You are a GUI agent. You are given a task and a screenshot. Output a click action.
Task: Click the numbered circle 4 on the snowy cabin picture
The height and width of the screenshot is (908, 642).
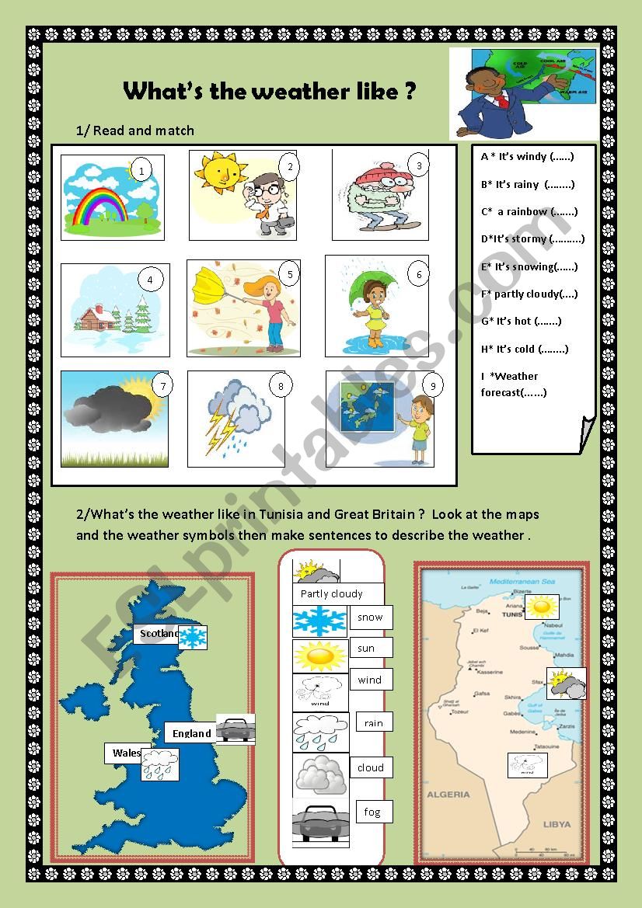tap(150, 280)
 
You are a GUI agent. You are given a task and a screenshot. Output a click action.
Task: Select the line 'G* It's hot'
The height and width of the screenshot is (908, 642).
tap(517, 321)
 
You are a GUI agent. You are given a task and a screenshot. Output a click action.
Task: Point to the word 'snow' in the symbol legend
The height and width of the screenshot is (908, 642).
tap(370, 618)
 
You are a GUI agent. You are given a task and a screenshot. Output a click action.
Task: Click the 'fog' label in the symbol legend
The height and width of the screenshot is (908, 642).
tap(372, 812)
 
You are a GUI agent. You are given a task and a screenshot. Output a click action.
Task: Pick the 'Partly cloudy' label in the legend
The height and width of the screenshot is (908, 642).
tap(332, 594)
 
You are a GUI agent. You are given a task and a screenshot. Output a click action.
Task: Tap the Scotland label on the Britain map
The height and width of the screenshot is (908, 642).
tap(159, 634)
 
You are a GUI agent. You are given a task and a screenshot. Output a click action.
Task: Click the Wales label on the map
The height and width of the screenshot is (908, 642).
tap(126, 753)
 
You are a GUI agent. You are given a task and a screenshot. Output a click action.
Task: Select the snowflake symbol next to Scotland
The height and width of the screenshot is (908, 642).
tap(193, 637)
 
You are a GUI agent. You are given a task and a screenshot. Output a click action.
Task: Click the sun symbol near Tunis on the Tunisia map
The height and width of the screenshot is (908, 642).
tap(541, 606)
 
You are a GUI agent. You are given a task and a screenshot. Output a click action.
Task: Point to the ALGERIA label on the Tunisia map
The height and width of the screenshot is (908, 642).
tap(448, 795)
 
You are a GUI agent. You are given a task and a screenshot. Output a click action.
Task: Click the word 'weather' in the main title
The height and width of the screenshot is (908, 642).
tap(312, 92)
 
